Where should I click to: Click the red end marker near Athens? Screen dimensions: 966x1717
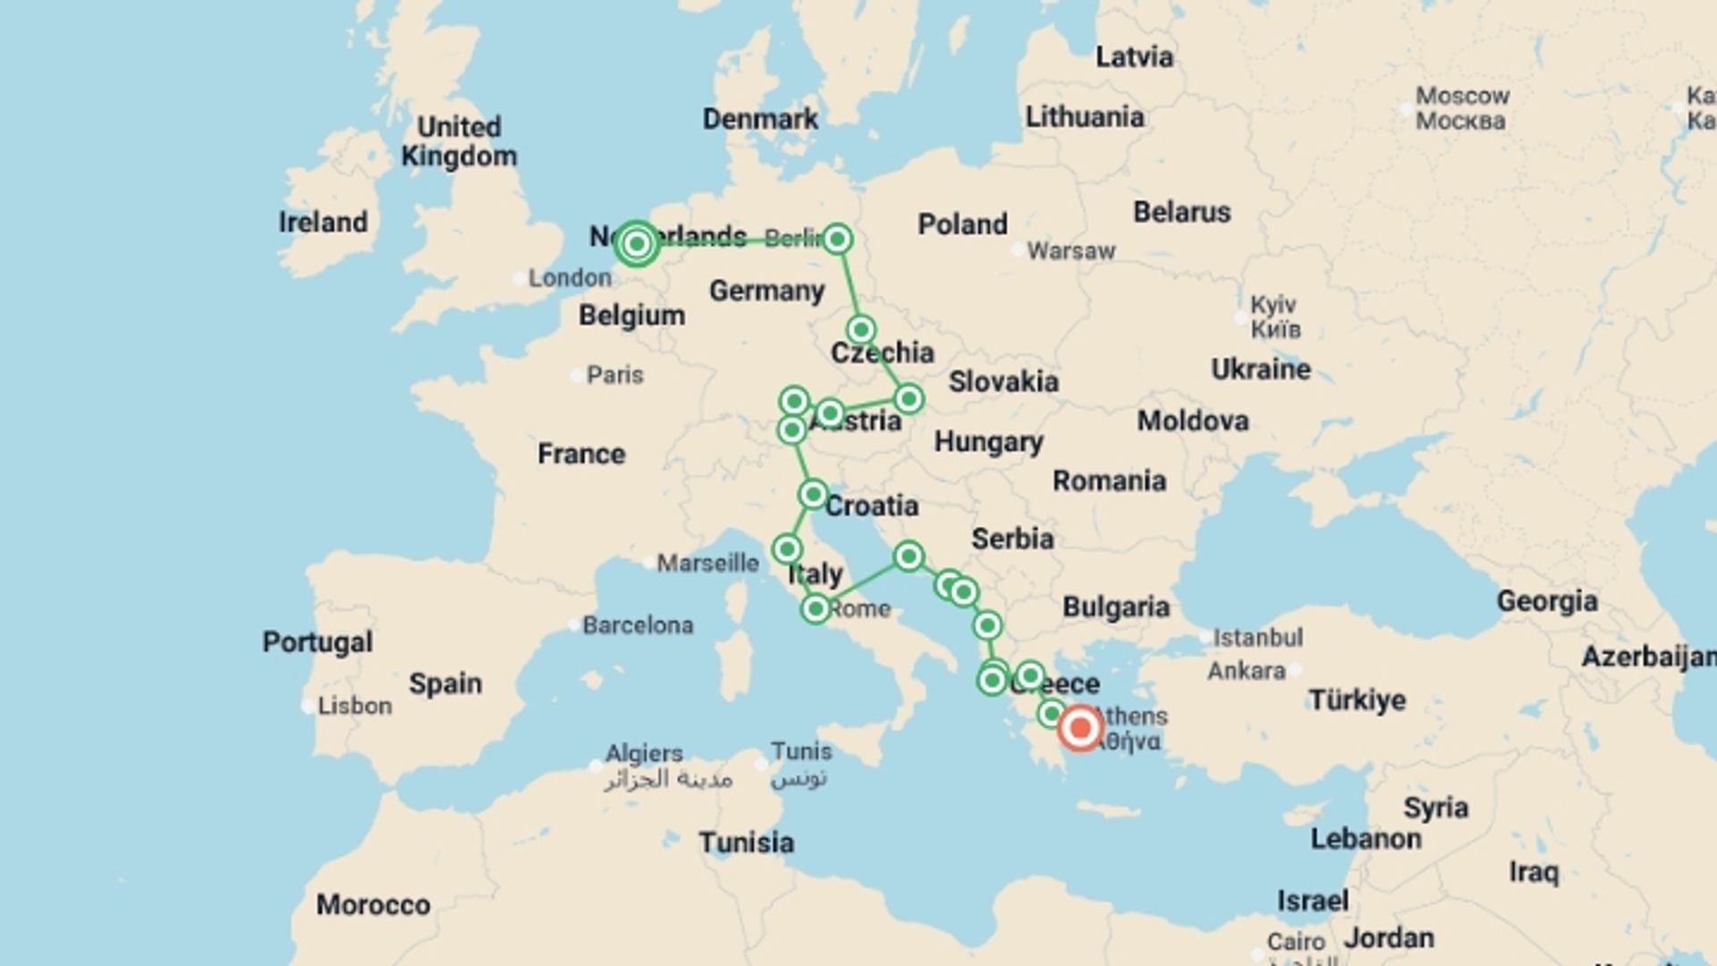pos(1079,728)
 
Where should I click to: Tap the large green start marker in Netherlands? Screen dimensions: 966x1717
pos(637,243)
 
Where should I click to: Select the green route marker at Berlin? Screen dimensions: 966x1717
pos(837,239)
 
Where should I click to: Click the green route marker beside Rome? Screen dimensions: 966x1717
pos(816,609)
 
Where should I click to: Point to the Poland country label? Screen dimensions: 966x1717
pos(962,224)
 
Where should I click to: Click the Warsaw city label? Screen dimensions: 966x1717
pos(1070,250)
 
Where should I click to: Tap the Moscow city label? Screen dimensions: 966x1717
pos(1462,96)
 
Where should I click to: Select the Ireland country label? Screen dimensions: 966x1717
pos(323,222)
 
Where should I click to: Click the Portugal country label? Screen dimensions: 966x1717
pos(317,642)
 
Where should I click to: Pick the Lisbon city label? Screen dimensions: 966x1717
pos(354,706)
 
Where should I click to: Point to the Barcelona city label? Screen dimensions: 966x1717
pos(638,624)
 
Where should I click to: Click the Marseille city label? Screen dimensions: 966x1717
pos(707,563)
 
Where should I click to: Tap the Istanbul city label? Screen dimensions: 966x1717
pos(1257,638)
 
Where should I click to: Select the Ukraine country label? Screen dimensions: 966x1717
pos(1260,369)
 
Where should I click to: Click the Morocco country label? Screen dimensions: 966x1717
pos(373,904)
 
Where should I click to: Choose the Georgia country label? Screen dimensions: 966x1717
pos(1547,601)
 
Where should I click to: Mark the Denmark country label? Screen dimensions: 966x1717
pos(760,119)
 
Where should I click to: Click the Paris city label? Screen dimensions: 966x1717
pos(614,375)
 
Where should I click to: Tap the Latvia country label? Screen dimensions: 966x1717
pos(1134,56)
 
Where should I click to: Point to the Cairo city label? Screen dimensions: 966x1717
pos(1296,942)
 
